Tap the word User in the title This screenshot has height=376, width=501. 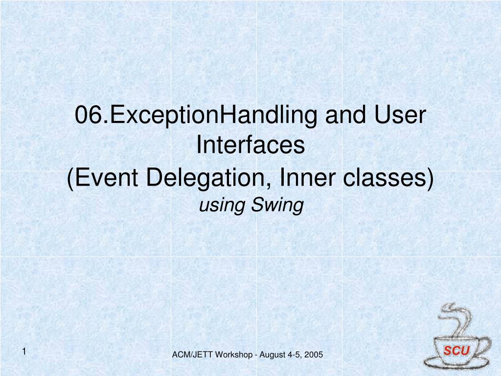tap(400, 115)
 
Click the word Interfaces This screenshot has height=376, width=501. tap(250, 145)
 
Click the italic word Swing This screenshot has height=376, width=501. tap(277, 206)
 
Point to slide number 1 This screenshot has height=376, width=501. tap(24, 352)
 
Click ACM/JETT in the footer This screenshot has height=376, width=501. tap(192, 354)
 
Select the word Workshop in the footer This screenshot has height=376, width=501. tap(233, 355)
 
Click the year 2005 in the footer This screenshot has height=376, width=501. tap(314, 354)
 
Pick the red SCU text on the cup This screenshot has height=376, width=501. tap(456, 351)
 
